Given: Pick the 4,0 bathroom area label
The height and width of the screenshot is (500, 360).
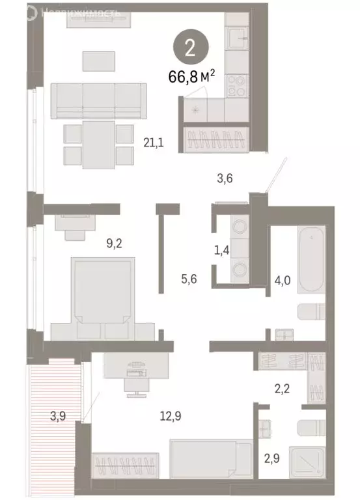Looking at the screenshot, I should click(x=282, y=283).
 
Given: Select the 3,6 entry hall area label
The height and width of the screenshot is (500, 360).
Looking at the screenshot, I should click(x=224, y=176).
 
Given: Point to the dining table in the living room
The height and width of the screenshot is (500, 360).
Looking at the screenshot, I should click(x=98, y=143).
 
